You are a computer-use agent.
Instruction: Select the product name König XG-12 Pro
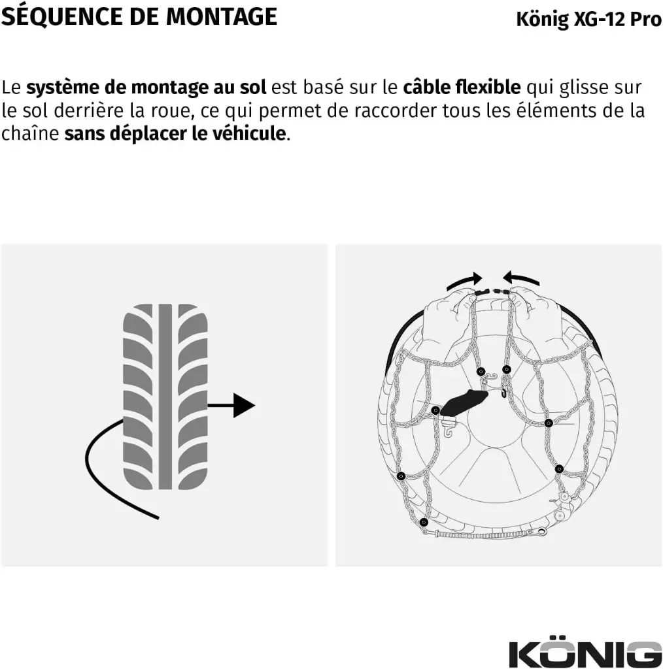588,20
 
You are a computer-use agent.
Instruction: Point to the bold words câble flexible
462,88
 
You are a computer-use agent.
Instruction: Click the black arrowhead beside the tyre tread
244,405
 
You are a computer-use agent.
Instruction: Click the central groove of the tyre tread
165,397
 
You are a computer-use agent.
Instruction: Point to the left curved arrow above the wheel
464,281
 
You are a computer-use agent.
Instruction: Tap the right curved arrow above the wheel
521,278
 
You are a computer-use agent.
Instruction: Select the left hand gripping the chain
449,324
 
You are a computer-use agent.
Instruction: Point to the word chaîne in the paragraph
30,133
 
